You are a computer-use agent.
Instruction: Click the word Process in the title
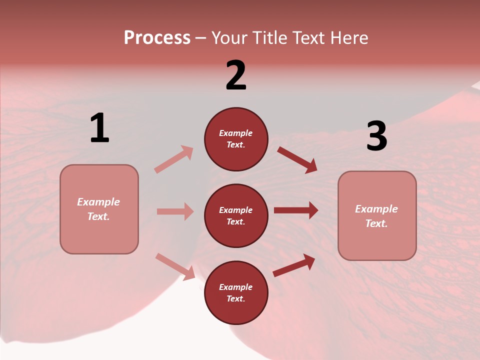157,38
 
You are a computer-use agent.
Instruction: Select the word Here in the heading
348,38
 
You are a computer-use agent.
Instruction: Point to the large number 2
236,75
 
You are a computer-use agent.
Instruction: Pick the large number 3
376,136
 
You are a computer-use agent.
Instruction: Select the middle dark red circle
236,215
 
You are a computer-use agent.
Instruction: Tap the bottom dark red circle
236,292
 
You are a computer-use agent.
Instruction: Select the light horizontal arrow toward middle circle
175,211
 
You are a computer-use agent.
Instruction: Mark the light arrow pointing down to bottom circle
175,266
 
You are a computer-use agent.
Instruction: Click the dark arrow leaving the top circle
297,160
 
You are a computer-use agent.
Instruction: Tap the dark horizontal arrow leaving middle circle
295,210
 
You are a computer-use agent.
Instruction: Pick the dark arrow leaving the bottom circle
294,265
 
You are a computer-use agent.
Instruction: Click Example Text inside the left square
98,209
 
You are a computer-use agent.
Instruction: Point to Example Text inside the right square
376,216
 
